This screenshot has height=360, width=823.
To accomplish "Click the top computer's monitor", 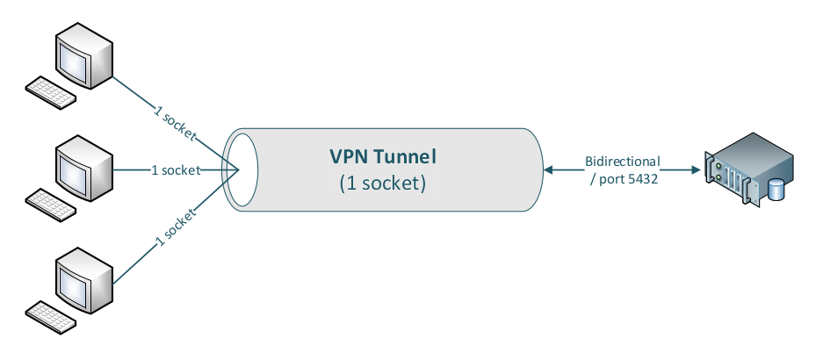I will point(84,54).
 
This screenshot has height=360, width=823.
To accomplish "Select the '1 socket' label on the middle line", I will point(176,169).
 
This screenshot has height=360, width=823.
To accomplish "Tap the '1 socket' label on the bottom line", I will point(176,225).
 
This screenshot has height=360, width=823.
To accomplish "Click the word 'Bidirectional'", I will point(622,162).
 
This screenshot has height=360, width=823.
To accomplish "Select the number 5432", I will point(640,178).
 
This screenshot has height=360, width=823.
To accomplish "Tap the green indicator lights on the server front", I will point(718,166).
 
